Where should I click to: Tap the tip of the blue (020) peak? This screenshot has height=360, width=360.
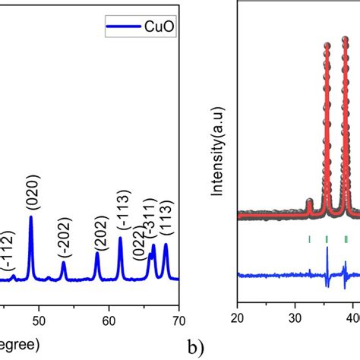coord(31,217)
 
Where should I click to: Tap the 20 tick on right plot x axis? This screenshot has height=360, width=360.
coord(238,320)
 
